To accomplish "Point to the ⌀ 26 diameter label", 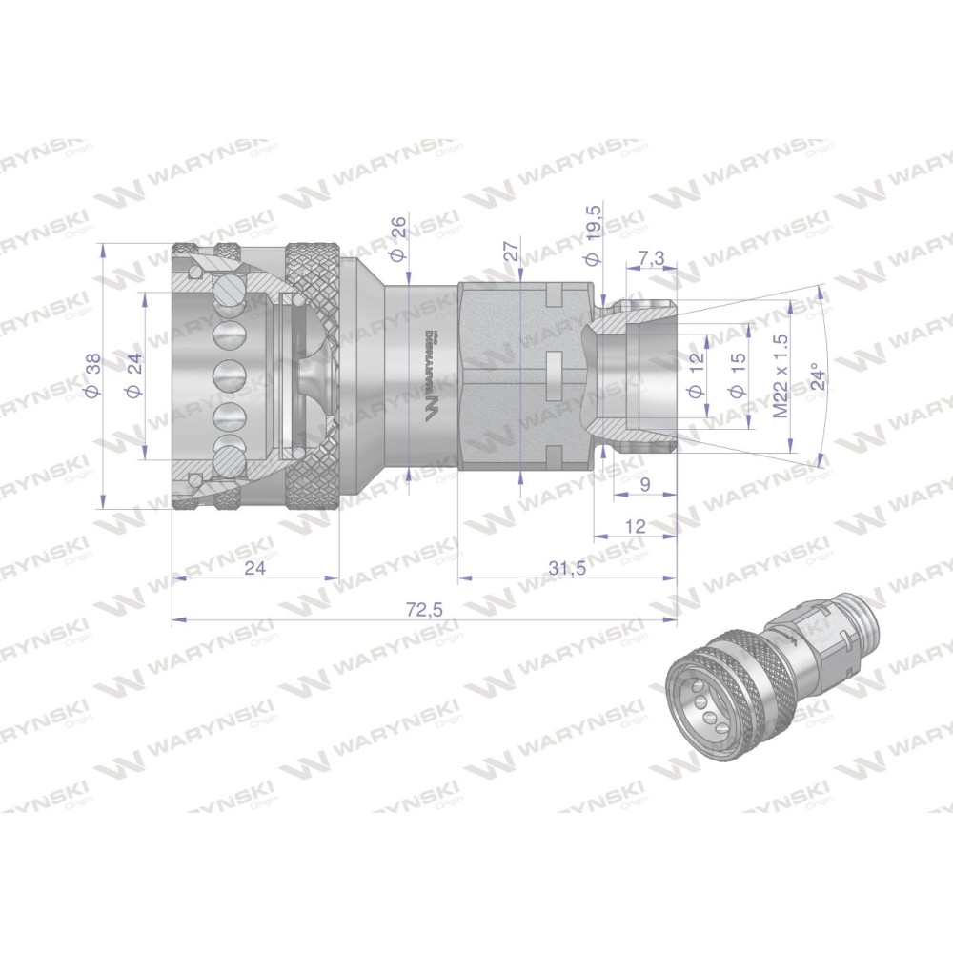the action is click(x=396, y=239).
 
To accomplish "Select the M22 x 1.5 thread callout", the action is click(x=781, y=375).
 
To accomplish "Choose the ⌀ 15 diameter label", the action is click(x=738, y=375).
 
